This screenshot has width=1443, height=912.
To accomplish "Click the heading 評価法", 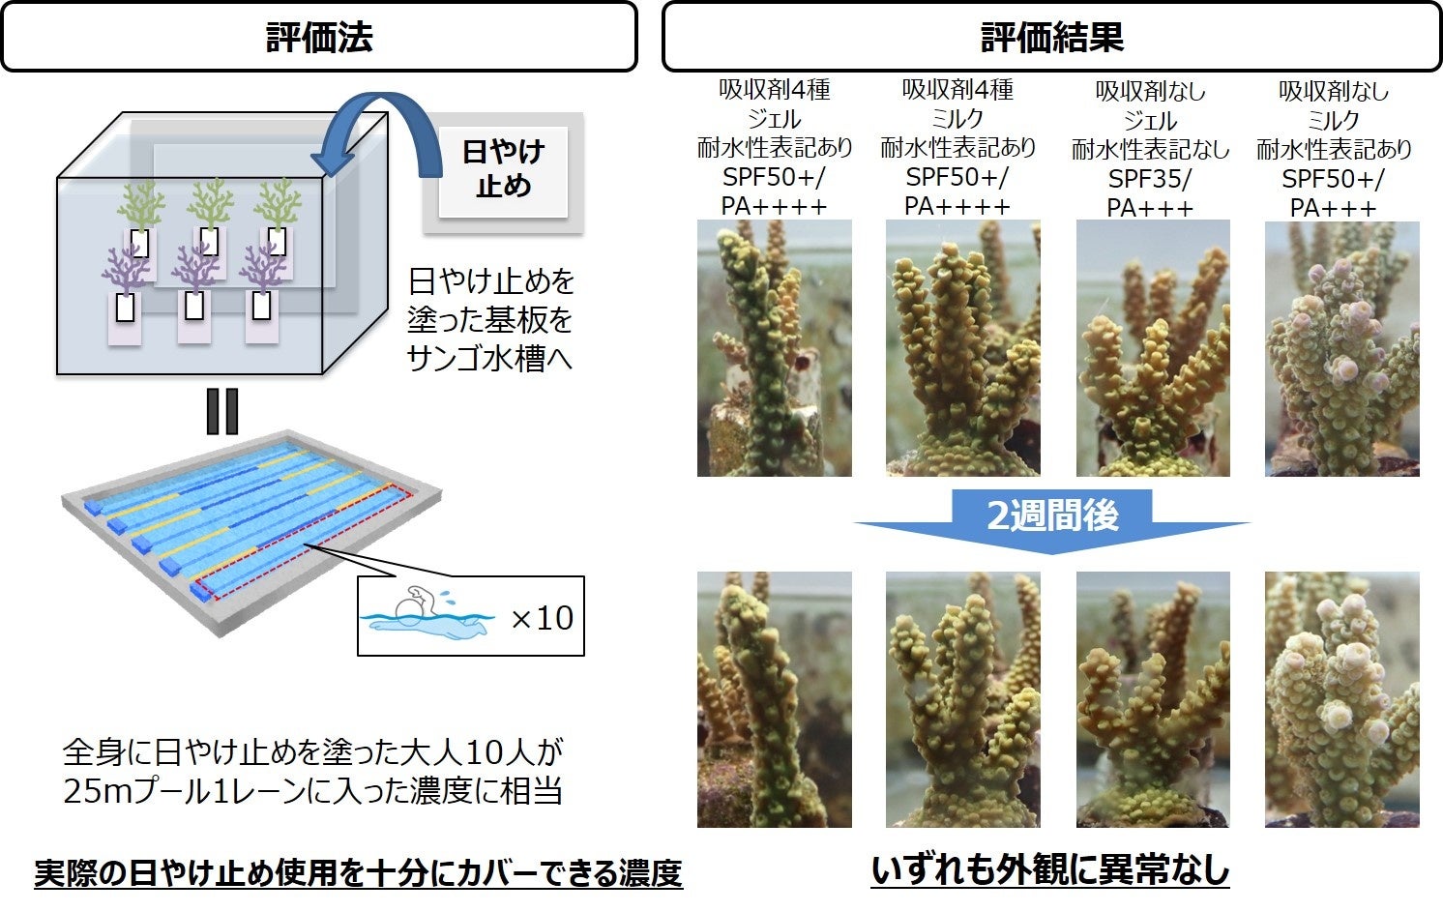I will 319,38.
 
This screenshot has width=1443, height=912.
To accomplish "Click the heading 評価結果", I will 1051,38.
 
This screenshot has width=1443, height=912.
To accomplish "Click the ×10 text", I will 542,617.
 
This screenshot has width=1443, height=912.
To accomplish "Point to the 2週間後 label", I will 1052,515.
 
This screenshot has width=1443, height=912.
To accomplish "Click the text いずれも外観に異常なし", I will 1050,869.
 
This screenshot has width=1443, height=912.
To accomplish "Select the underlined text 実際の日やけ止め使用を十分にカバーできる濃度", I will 358,873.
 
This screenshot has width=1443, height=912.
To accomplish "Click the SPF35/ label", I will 1150,179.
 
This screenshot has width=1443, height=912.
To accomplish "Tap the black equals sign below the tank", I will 221,412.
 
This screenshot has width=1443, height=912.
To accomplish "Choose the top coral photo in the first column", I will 774,348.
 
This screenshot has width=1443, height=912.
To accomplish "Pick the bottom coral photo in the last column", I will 1341,699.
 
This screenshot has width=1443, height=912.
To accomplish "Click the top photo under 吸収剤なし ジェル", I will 1153,348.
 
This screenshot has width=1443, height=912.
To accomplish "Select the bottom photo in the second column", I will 962,699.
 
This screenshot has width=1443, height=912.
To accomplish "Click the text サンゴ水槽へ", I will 489,359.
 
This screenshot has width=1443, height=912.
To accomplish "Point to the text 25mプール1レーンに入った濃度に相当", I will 312,791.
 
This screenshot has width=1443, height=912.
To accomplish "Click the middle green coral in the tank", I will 209,204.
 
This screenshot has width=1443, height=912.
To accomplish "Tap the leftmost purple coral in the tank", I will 125,269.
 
